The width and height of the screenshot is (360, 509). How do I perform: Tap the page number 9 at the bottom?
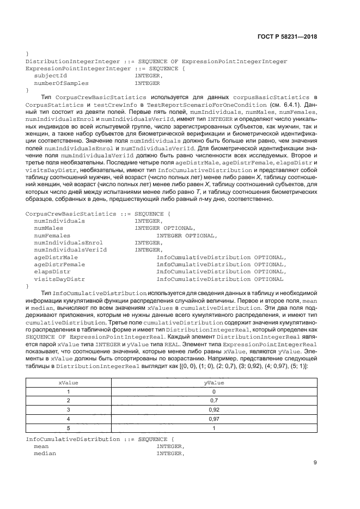(315, 463)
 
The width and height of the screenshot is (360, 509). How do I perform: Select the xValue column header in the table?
(69, 383)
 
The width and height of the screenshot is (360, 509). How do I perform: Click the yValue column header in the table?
(215, 383)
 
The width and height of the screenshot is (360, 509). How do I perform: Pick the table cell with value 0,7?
(215, 401)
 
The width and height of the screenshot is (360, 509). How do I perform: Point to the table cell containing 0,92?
(215, 409)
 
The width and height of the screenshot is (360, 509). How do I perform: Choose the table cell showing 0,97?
(215, 419)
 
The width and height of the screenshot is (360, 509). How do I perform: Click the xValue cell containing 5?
(69, 428)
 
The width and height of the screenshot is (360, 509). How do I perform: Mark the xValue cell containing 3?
(69, 409)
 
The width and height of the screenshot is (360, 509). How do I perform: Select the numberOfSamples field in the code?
(60, 84)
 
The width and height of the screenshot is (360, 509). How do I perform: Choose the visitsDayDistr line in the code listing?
(59, 279)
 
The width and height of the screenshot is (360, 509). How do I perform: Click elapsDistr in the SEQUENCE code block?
(52, 271)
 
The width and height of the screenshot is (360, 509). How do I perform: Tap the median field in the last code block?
(45, 453)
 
